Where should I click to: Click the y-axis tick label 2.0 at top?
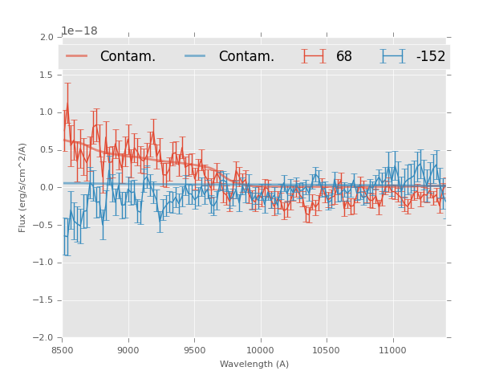47,38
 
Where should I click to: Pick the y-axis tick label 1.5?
47,75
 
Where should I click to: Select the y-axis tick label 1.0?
47,113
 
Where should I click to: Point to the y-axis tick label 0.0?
47,188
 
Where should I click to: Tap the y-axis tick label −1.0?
44,263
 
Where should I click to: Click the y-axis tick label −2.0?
44,338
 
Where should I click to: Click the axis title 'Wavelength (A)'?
254,364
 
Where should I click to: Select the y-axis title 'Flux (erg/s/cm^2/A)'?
23,187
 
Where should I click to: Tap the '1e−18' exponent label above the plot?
79,31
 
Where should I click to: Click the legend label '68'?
344,57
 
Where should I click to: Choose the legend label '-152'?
430,57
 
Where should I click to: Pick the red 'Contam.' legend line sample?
77,56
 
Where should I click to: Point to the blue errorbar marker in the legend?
393,56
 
